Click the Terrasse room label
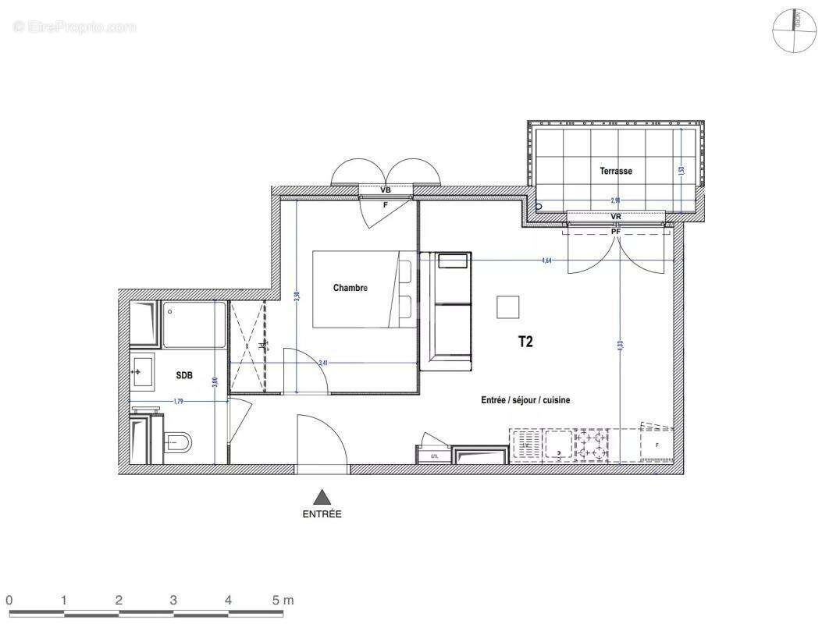pos(616,171)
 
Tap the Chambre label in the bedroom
pos(351,288)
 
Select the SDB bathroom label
pos(184,376)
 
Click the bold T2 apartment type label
pos(525,341)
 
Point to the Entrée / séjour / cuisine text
pos(525,399)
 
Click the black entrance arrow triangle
pos(321,496)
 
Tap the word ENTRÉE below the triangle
pos(322,514)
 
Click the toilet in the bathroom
pos(178,443)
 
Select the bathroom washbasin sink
pos(143,370)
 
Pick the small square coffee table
pos(509,307)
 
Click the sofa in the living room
pos(446,310)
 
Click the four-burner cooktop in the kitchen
pos(591,445)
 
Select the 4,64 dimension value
pos(546,261)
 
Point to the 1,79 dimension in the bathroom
pos(179,402)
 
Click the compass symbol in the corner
pos(794,30)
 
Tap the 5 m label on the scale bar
pos(283,601)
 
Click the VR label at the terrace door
pos(616,217)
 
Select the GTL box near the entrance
pos(434,456)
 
